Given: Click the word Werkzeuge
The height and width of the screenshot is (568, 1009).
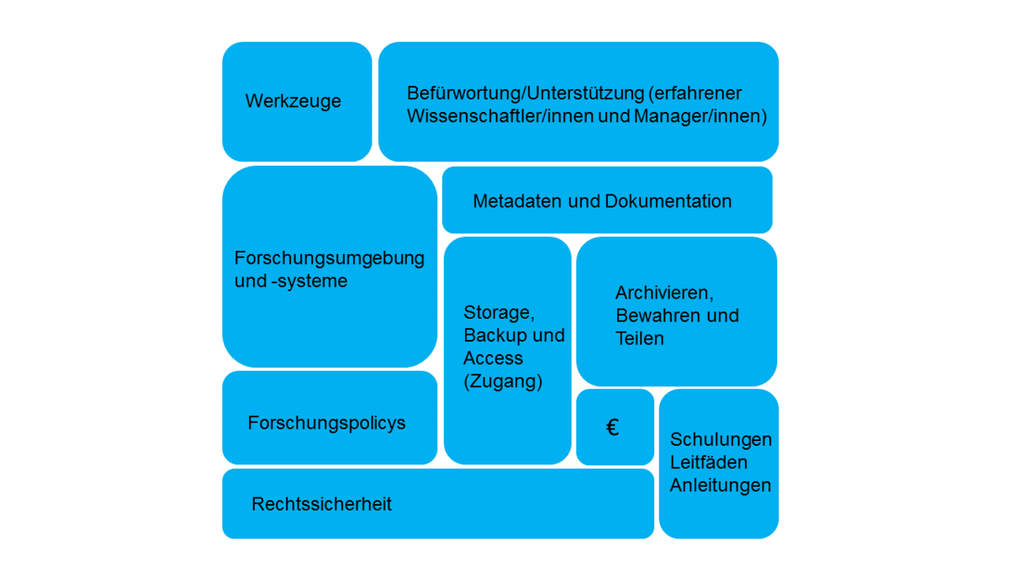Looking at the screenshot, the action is coord(293,101).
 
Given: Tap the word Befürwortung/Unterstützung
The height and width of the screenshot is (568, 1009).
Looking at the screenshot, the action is coord(526,93).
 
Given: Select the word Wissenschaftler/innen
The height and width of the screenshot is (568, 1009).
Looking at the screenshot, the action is coord(500,116).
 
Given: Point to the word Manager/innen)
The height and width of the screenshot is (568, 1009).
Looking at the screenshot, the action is coord(700,116).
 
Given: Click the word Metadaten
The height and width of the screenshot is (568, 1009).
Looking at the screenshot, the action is coord(517,201).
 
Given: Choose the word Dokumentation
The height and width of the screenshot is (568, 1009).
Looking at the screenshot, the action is coord(668,201).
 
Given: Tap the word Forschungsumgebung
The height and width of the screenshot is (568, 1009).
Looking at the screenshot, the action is coord(330,259).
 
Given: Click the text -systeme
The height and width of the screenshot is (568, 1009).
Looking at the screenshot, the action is coord(309,281).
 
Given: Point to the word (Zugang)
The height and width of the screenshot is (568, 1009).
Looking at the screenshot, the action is coord(503,381).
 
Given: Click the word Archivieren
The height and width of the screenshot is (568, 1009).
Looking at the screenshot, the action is coord(664,293).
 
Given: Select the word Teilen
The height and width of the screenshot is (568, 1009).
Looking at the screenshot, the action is coord(640,338).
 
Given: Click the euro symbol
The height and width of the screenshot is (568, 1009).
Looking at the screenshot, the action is coord(612,427).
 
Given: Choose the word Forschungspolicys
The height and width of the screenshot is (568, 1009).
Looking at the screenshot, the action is coord(326,423).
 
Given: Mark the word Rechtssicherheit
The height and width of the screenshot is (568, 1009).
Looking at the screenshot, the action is coord(321,504).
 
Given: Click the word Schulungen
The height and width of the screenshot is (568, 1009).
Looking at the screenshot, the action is coord(721,439).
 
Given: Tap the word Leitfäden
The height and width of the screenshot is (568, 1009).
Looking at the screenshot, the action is coord(709,462).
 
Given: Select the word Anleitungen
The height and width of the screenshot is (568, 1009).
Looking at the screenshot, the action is coord(721,486).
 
